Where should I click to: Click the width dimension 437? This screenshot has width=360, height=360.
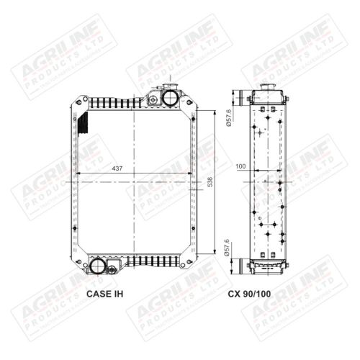point(117,168)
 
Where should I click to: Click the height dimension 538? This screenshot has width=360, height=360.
point(211,184)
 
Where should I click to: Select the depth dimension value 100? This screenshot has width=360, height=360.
point(240,166)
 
